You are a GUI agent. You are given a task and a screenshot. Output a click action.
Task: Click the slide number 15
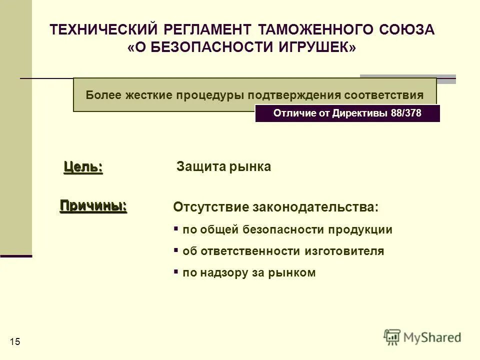coord(14,341)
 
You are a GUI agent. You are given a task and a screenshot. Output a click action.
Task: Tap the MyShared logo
coord(422,337)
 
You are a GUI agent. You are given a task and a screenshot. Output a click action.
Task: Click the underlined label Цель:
coord(83,167)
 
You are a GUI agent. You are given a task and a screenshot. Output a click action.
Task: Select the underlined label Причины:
coord(93,205)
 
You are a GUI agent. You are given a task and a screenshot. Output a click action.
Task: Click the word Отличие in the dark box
coord(293,113)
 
